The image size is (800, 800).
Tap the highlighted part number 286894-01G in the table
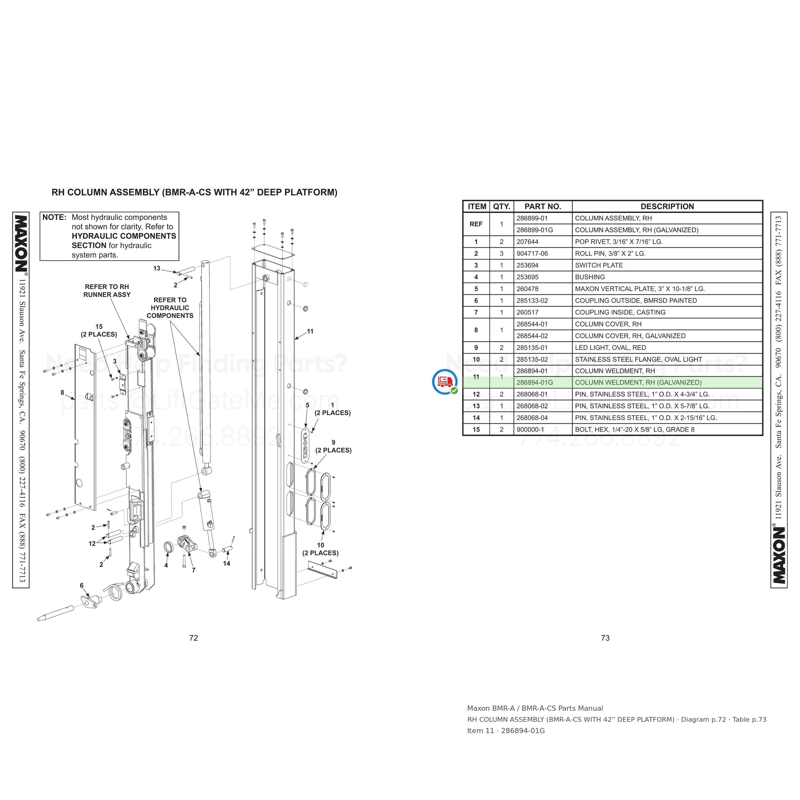[535, 383]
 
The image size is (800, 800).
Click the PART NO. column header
[542, 206]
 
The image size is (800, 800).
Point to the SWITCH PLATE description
[599, 265]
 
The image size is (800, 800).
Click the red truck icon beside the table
[445, 381]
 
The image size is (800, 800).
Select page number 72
[193, 638]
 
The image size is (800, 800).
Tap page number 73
[605, 638]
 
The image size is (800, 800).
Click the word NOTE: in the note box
[54, 217]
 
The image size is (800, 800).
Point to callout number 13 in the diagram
[156, 268]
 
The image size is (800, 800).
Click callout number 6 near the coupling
[82, 586]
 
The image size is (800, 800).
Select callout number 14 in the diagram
[227, 564]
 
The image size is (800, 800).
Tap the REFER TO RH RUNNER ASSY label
[107, 291]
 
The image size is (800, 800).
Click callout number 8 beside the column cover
[62, 393]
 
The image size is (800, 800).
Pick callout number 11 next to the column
[310, 331]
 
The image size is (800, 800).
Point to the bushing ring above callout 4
[169, 548]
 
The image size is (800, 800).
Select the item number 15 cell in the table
[476, 430]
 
